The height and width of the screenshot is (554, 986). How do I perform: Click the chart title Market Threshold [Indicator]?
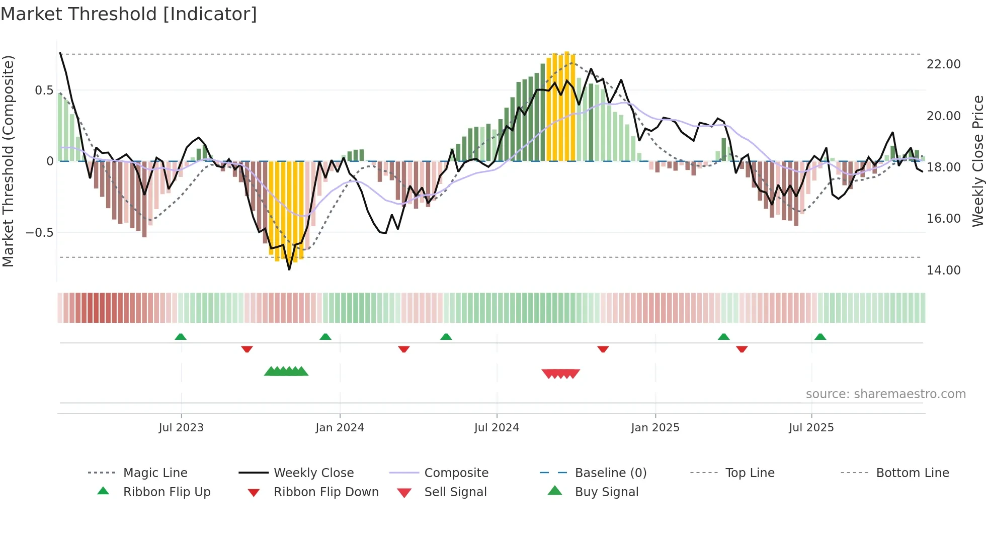129,14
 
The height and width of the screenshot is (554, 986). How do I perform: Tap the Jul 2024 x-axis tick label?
497,427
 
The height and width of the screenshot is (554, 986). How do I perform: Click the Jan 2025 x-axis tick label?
655,427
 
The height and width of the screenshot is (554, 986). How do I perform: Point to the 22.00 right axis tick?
943,64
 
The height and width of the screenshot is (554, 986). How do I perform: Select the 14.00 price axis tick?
943,270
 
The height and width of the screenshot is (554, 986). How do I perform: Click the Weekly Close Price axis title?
977,161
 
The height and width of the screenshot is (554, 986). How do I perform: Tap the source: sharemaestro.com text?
885,394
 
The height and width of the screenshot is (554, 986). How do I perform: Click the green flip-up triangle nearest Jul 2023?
181,337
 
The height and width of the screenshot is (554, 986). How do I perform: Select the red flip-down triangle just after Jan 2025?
742,349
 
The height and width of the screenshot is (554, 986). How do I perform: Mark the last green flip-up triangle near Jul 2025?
820,337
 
